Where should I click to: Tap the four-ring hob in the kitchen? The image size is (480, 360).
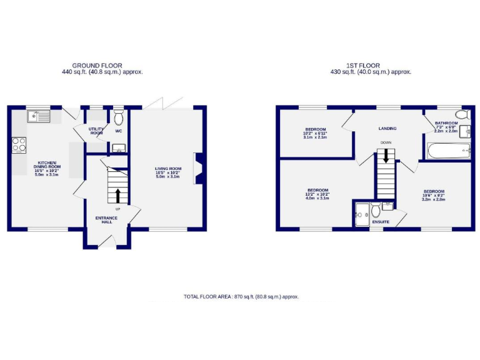pyautogui.click(x=19, y=144)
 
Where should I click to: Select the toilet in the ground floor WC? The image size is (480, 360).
pyautogui.click(x=119, y=117)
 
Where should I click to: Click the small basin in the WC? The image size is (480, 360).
pyautogui.click(x=119, y=148)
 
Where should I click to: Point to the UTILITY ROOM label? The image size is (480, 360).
pyautogui.click(x=96, y=131)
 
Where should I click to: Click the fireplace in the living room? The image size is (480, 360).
pyautogui.click(x=198, y=169)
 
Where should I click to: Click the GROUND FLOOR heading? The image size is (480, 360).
pyautogui.click(x=97, y=65)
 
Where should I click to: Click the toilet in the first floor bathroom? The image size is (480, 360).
pyautogui.click(x=462, y=115)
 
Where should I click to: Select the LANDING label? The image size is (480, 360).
pyautogui.click(x=387, y=129)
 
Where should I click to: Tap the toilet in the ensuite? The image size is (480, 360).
pyautogui.click(x=376, y=208)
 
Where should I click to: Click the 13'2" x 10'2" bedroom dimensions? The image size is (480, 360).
pyautogui.click(x=317, y=195)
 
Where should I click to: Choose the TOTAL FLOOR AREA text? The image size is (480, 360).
pyautogui.click(x=241, y=296)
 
